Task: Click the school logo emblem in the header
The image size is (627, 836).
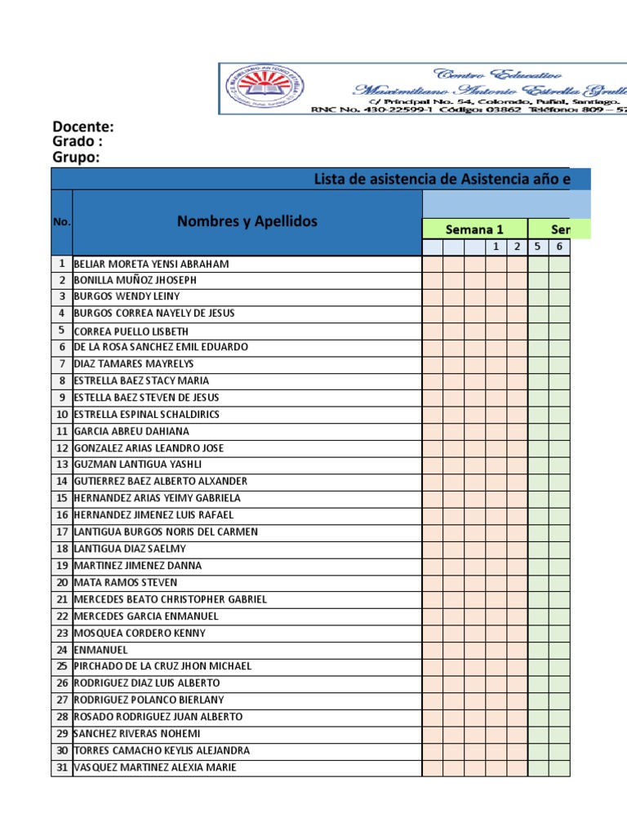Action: pyautogui.click(x=257, y=88)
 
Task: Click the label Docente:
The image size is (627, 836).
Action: pyautogui.click(x=82, y=127)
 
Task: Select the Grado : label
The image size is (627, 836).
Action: pyautogui.click(x=78, y=142)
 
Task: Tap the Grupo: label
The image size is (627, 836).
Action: pyautogui.click(x=76, y=158)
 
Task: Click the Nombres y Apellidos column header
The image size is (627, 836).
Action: pyautogui.click(x=247, y=221)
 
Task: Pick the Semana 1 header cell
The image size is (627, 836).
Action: pyautogui.click(x=474, y=229)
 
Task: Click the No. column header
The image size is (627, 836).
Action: pyautogui.click(x=62, y=222)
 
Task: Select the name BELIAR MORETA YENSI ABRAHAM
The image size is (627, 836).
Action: pyautogui.click(x=151, y=264)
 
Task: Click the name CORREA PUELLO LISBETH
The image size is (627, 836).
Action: pyautogui.click(x=131, y=331)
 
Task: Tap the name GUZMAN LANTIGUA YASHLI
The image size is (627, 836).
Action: pyautogui.click(x=137, y=465)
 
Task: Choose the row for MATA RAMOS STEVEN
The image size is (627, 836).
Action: pyautogui.click(x=125, y=583)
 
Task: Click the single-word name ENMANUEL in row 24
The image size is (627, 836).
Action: pyautogui.click(x=100, y=650)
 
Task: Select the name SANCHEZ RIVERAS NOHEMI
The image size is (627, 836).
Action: pyautogui.click(x=139, y=734)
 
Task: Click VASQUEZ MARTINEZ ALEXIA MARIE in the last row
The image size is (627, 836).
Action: pyautogui.click(x=155, y=767)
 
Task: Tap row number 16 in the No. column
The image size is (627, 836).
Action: pyautogui.click(x=62, y=515)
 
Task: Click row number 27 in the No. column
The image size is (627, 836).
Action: pyautogui.click(x=62, y=700)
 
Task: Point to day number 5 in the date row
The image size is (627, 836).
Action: pyautogui.click(x=538, y=247)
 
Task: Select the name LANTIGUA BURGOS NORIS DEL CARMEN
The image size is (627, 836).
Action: pyautogui.click(x=166, y=532)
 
